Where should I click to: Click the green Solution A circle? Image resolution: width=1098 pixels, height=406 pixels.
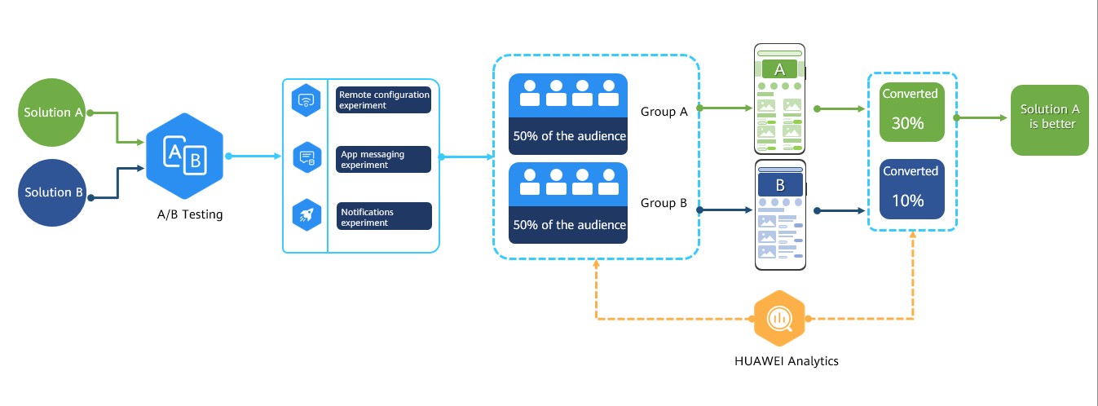[x=52, y=113]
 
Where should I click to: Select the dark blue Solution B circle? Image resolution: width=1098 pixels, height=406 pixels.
[x=52, y=192]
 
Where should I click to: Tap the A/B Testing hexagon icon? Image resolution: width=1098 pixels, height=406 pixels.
[x=185, y=156]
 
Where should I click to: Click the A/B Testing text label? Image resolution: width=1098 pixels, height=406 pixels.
[x=190, y=214]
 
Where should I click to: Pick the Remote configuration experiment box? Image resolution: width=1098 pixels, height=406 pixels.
[x=383, y=99]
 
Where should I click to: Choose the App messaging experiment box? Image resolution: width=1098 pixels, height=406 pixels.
[x=383, y=159]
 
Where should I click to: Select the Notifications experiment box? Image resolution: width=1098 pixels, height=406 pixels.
[x=384, y=216]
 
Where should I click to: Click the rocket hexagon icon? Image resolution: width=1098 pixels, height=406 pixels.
[x=306, y=214]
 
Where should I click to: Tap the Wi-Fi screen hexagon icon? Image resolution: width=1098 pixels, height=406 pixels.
[x=306, y=100]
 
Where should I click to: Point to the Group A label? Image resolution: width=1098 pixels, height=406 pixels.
[x=664, y=112]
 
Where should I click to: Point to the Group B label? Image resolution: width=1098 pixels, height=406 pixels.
[x=664, y=203]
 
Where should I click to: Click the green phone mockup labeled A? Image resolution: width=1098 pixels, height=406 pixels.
[x=779, y=99]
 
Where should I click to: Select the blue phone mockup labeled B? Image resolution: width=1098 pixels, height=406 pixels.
[x=780, y=214]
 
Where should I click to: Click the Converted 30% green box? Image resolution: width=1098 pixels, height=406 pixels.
[x=911, y=113]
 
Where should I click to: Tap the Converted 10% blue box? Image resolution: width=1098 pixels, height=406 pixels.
[x=911, y=189]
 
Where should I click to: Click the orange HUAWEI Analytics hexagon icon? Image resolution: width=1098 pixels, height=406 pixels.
[x=779, y=319]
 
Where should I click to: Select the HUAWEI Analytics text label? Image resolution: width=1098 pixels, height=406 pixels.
[x=787, y=361]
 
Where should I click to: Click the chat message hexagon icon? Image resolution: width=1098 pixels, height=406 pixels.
[x=306, y=157]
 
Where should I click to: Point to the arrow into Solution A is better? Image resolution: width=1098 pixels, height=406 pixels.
[x=981, y=117]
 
